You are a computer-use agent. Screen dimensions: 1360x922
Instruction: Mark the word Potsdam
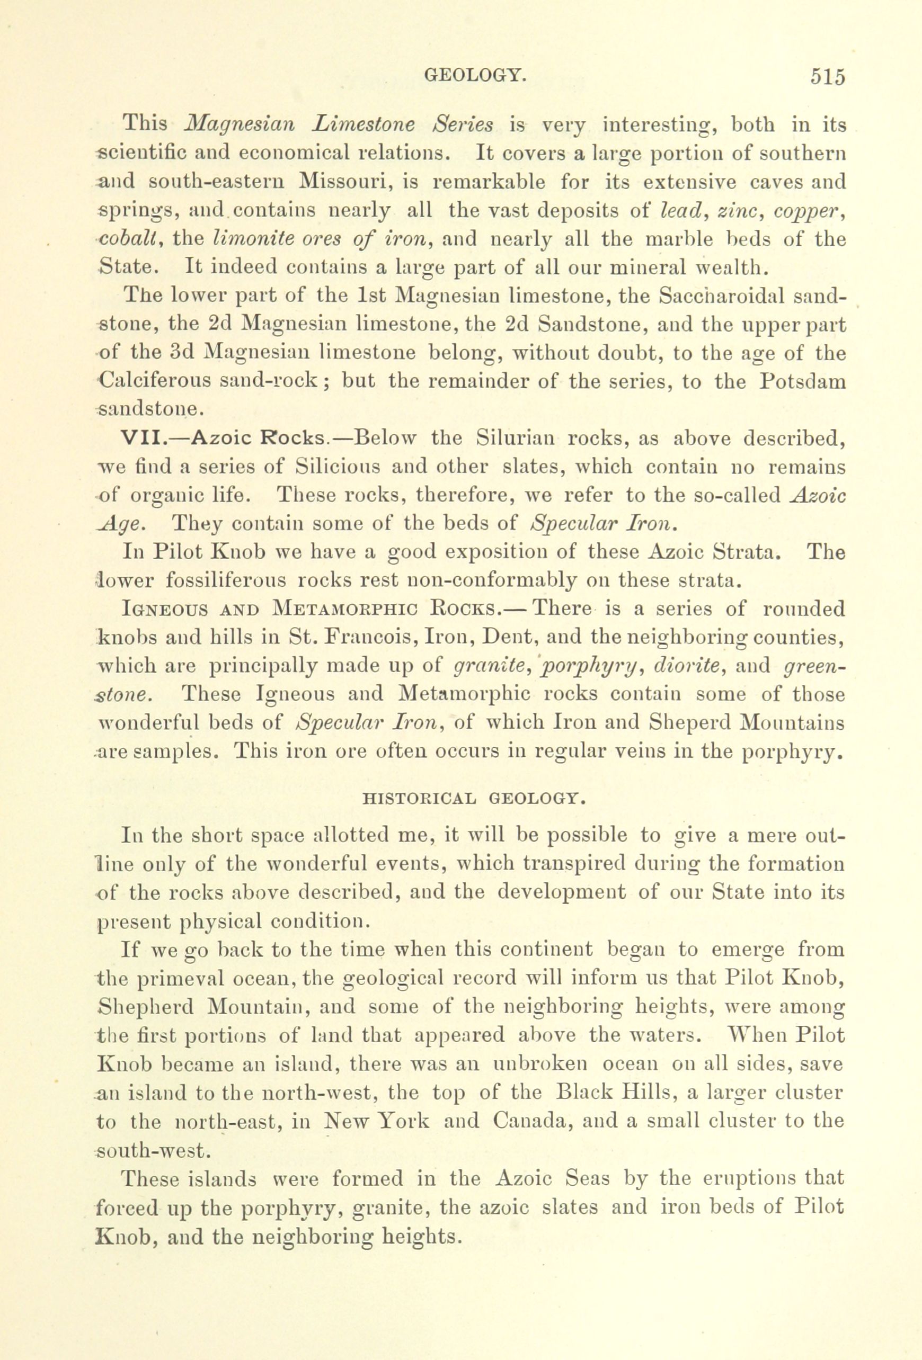click(x=804, y=381)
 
